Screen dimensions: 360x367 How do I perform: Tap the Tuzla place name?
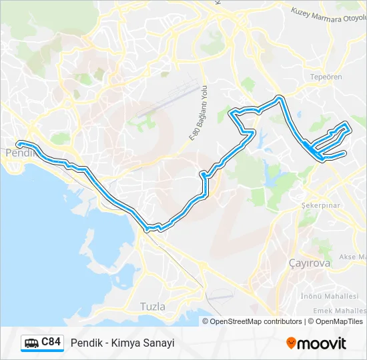[x=152, y=307]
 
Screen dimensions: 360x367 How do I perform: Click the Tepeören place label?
[x=326, y=77]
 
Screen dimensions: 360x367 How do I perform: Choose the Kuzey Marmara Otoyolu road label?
[x=327, y=15]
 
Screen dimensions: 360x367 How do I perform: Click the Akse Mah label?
[x=352, y=257]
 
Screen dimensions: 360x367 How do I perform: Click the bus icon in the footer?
[x=31, y=343]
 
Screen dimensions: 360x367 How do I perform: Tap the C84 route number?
[x=51, y=343]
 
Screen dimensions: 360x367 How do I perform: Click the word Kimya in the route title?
[x=127, y=343]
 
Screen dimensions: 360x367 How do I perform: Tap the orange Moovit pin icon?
[x=291, y=343]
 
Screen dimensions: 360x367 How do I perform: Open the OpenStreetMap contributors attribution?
[x=256, y=321]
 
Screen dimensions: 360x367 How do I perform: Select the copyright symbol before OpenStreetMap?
[x=206, y=321]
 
